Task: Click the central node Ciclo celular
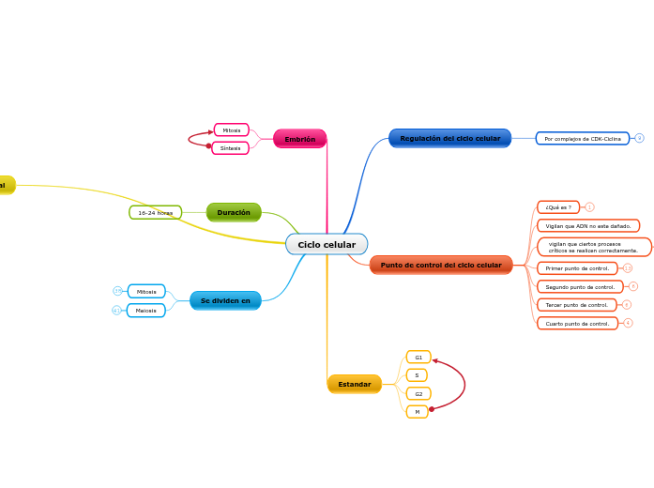327,245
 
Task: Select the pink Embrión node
300,139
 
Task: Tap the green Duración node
234,213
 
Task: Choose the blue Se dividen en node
225,300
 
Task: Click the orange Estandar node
355,384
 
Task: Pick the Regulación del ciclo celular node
450,138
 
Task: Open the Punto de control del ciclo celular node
441,265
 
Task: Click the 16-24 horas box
155,213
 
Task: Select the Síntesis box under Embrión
231,148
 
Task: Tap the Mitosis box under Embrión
232,130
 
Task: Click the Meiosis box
146,311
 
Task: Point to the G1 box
418,358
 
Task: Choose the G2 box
418,394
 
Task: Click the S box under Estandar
417,375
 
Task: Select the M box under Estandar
418,412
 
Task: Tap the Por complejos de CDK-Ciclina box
583,139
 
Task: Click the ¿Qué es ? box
558,207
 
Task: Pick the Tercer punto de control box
577,305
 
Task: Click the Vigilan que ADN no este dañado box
588,226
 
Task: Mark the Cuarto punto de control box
577,324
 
